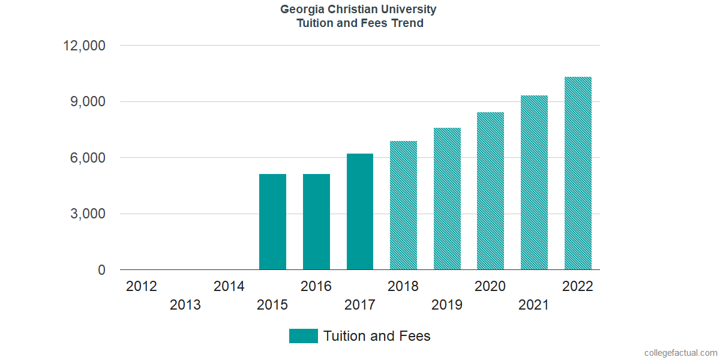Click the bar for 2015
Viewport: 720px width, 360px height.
point(272,222)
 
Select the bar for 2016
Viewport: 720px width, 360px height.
point(316,222)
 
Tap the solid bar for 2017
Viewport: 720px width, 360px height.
point(360,212)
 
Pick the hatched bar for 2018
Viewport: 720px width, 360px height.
point(403,205)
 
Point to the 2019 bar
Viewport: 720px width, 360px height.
point(447,199)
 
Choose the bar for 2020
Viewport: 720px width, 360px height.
point(490,191)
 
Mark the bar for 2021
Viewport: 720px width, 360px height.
point(534,182)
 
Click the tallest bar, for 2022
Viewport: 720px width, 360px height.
point(578,173)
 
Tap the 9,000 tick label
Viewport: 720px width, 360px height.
point(89,102)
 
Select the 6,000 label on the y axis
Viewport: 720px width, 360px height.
point(89,158)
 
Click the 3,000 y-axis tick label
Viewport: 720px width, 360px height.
point(89,214)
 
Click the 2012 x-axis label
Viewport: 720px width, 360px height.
point(142,286)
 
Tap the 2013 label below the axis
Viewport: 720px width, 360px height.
point(185,305)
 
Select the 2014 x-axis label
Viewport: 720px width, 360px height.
point(229,286)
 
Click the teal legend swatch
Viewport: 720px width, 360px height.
point(303,336)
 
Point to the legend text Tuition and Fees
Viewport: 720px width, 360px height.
point(377,336)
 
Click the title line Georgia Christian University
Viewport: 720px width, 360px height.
point(359,10)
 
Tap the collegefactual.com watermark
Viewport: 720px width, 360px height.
point(680,353)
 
